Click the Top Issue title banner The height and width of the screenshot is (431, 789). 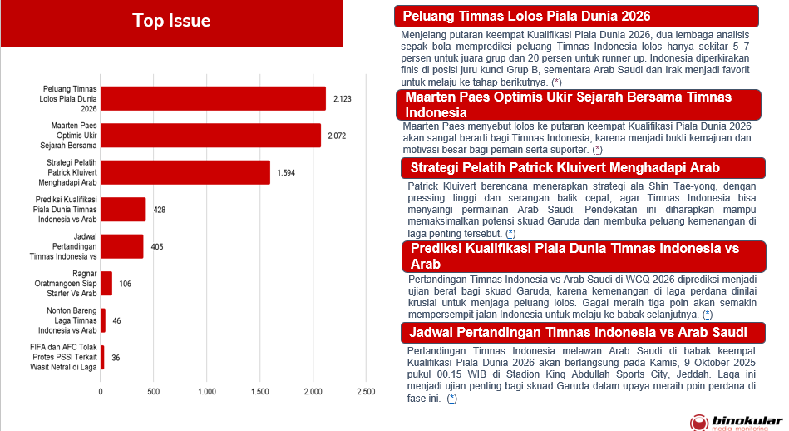tap(171, 21)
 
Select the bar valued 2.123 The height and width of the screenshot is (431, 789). tap(213, 98)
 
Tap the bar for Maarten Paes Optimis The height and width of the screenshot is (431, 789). tap(210, 136)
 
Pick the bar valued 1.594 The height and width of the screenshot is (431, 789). tap(185, 172)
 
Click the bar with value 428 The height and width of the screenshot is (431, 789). tap(123, 210)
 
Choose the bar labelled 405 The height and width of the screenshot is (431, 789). tap(122, 246)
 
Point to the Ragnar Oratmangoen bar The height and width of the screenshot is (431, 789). tap(106, 283)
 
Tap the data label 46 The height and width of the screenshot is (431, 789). tap(117, 320)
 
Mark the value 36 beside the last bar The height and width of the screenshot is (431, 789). tap(116, 358)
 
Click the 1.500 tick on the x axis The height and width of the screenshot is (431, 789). tap(259, 391)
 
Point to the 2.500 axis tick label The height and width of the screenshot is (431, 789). tap(365, 391)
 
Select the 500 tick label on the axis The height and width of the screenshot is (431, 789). tap(154, 391)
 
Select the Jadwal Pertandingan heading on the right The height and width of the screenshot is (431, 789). tap(574, 334)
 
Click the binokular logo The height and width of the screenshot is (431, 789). tap(735, 421)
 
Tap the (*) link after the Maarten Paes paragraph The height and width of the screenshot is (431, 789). tap(597, 149)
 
